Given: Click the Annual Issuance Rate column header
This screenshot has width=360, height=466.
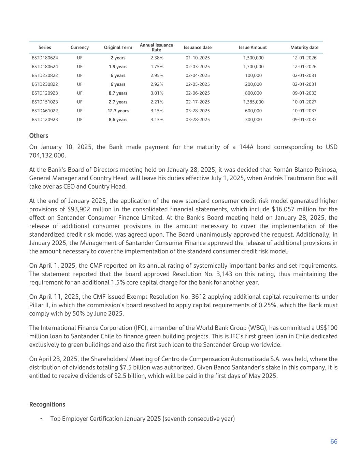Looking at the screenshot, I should click(x=156, y=47).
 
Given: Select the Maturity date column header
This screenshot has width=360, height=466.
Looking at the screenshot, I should click(x=304, y=47).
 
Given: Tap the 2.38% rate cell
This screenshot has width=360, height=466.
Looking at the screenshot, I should click(x=157, y=58).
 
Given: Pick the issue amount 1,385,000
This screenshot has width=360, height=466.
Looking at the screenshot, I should click(x=253, y=102).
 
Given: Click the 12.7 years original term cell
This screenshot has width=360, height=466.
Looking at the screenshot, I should click(x=118, y=111).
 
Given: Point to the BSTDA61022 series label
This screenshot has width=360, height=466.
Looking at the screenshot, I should click(x=45, y=111).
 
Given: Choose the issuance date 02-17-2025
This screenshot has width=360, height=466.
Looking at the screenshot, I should click(x=198, y=102).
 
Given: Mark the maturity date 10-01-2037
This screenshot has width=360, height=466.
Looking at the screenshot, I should click(x=304, y=111).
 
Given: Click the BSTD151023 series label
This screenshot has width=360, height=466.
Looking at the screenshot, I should click(x=45, y=102).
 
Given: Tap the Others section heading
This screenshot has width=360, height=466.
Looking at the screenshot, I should click(x=39, y=136).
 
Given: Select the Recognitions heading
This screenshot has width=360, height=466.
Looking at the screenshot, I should click(x=47, y=404).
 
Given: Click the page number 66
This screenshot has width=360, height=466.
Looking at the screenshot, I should click(x=334, y=441).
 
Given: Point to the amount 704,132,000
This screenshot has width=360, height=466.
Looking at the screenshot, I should click(x=47, y=155).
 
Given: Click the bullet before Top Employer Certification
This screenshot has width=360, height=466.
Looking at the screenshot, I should click(x=41, y=419).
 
